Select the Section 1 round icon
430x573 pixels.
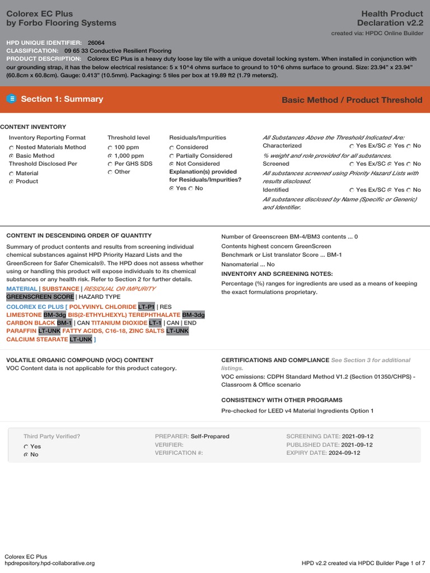(12, 99)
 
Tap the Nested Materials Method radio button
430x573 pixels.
(11, 148)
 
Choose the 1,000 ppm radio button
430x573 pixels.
(110, 156)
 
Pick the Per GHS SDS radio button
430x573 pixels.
(110, 164)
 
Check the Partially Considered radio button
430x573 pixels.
(172, 156)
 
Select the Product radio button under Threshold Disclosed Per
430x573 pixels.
(11, 182)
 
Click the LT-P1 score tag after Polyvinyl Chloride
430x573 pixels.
(147, 307)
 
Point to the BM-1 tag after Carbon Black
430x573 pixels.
(64, 323)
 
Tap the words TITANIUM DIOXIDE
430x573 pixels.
(115, 323)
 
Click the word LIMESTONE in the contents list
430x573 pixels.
(24, 315)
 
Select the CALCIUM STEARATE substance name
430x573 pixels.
(36, 339)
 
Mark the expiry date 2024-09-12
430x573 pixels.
(344, 453)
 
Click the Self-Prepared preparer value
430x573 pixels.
(210, 436)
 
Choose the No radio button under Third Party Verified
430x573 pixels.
(26, 455)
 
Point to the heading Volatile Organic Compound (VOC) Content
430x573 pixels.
(79, 360)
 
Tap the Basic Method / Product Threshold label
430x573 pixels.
(352, 100)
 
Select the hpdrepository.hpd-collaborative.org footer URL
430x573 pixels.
(49, 563)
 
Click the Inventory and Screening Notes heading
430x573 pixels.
(277, 274)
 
